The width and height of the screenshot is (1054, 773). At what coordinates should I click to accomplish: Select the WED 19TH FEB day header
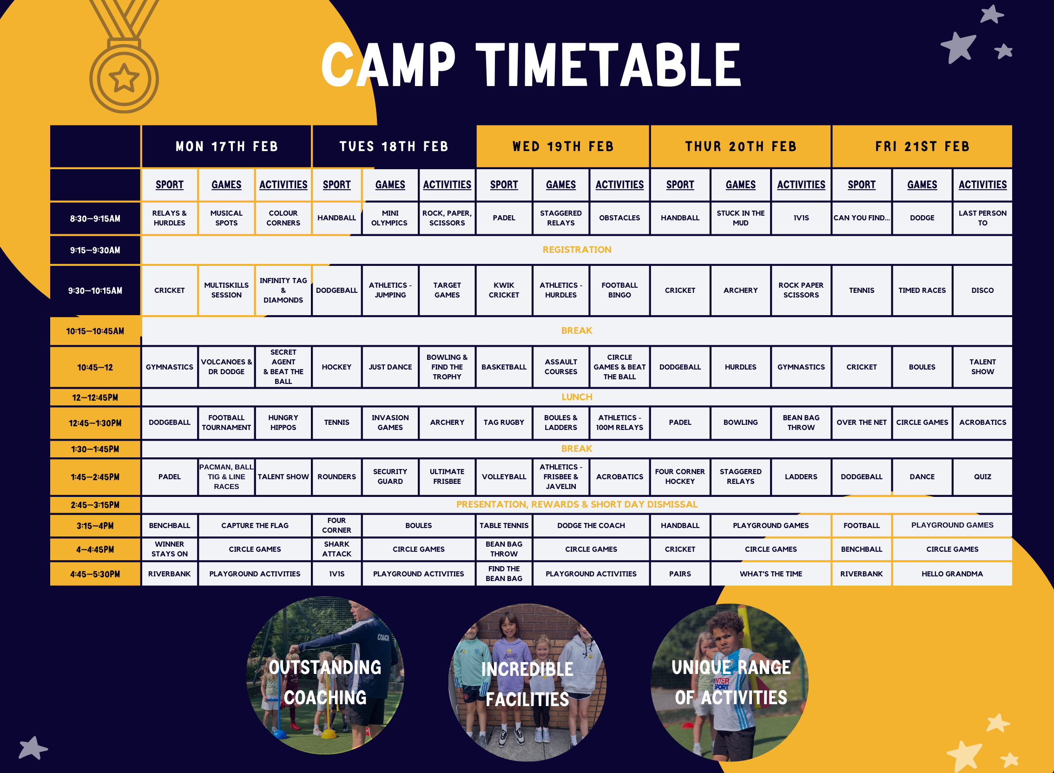tap(563, 146)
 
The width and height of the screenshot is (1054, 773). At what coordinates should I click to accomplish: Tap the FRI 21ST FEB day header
tap(922, 146)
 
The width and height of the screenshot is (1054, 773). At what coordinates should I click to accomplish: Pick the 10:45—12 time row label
tap(95, 367)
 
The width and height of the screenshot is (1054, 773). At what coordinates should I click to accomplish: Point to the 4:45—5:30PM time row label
tap(95, 574)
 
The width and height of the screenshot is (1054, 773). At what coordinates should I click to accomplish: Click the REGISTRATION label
tap(577, 250)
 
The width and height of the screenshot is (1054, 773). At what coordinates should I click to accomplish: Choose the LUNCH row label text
tap(577, 397)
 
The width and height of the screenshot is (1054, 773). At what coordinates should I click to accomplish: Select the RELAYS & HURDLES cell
tap(169, 218)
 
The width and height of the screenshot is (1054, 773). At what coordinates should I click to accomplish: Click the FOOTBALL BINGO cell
tap(619, 290)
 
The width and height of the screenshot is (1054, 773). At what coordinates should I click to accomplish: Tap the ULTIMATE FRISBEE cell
tap(447, 477)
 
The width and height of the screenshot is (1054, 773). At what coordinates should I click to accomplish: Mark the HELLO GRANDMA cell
tap(952, 574)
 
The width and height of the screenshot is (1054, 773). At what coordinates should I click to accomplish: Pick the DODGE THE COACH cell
tap(591, 526)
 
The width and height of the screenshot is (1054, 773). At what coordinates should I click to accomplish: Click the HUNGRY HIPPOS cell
tap(283, 423)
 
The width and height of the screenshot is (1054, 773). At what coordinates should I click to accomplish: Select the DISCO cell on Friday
tap(982, 290)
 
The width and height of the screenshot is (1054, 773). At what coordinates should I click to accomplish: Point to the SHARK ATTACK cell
tap(336, 549)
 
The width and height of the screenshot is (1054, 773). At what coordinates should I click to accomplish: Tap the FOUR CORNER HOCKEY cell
tap(680, 477)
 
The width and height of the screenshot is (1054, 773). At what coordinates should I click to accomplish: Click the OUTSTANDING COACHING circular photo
tap(325, 675)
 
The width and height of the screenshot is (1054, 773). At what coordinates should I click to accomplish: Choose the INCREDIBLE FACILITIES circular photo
tap(527, 682)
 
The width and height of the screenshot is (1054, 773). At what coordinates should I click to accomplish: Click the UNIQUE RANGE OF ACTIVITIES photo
tap(730, 682)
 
